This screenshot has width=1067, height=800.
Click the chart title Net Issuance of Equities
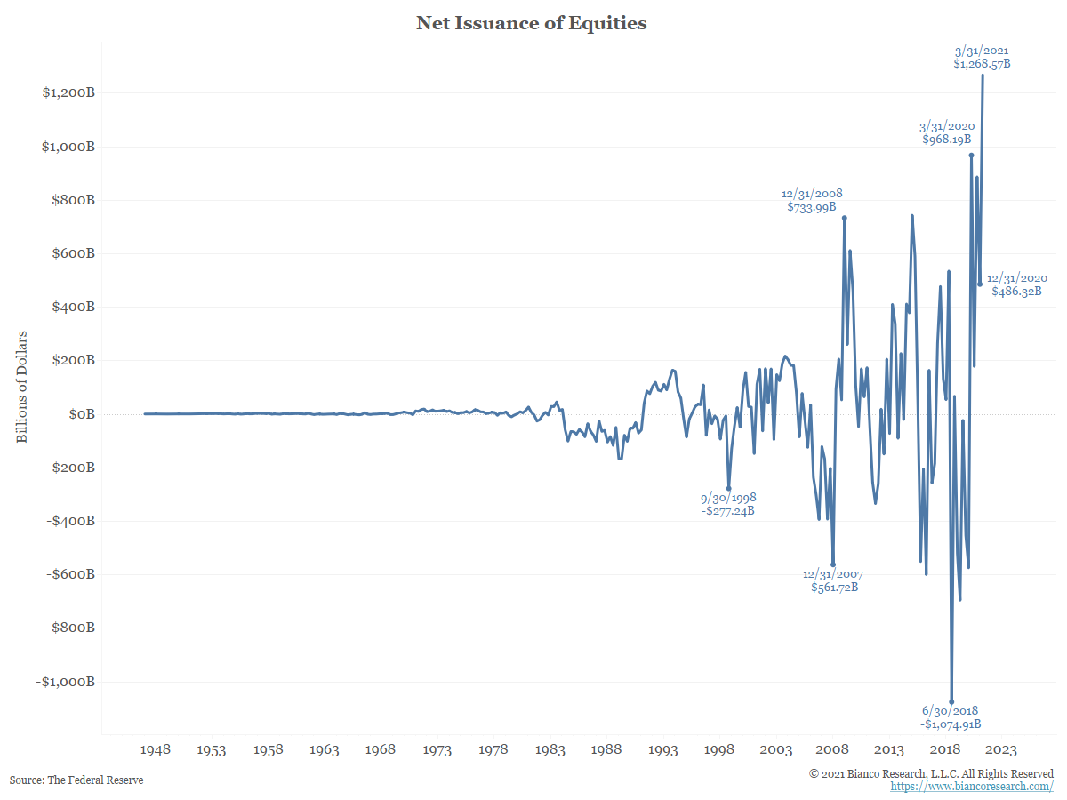point(532,24)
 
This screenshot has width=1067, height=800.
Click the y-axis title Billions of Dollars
point(22,387)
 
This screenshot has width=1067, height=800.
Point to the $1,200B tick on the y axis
point(68,93)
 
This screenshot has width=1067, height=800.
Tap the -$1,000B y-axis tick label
point(66,682)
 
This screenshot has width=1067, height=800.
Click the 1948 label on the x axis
point(156,750)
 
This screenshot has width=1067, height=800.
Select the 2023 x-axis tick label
point(1002,750)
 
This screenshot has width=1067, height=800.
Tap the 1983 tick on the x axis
point(550,750)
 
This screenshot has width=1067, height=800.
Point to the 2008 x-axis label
point(832,750)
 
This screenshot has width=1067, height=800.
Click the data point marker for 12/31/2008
point(844,218)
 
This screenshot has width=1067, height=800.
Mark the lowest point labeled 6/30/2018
point(951,701)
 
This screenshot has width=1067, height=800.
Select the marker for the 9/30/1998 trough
point(729,488)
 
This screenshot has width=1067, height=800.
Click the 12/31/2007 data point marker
point(833,564)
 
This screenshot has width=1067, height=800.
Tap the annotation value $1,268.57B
point(982,64)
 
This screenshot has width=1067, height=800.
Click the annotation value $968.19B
point(947,140)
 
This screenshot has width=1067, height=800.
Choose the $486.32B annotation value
point(1016,291)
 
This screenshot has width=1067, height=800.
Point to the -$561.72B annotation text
point(832,588)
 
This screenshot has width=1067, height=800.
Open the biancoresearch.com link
point(972,787)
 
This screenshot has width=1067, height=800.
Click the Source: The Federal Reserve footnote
point(76,780)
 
